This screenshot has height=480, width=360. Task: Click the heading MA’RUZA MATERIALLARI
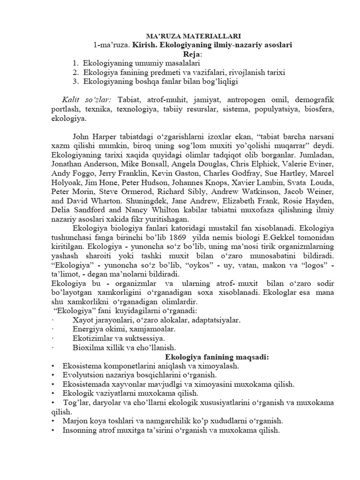(180, 36)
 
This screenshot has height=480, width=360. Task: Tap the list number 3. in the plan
(76, 82)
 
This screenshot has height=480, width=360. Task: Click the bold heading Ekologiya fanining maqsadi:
(180, 357)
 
